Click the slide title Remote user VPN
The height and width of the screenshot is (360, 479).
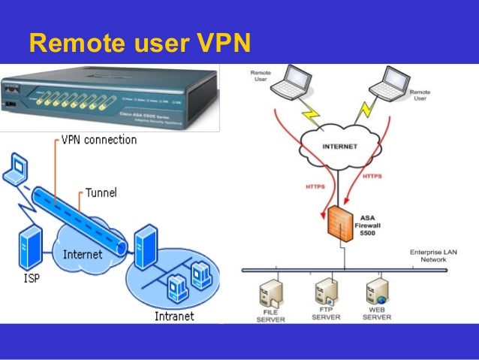[x=139, y=44]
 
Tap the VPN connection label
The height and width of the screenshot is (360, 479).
[x=98, y=140]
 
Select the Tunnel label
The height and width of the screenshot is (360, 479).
[x=101, y=193]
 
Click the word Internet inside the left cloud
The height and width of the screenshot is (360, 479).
[x=83, y=254]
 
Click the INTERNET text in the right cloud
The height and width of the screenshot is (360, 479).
[x=339, y=147]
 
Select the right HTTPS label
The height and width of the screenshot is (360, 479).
[x=372, y=177]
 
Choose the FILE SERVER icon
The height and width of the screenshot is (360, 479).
[x=271, y=292]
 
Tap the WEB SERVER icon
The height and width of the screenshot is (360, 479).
[x=377, y=292]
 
